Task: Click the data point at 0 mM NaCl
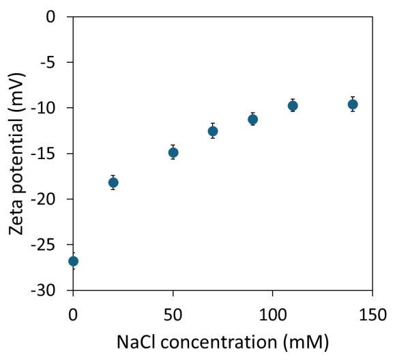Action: point(73,261)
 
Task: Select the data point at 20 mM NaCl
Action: point(113,182)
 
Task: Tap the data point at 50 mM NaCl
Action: point(173,152)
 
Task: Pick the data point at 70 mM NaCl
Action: point(213,131)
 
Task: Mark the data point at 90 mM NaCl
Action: point(252,119)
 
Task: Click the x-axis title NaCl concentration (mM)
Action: point(222,341)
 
